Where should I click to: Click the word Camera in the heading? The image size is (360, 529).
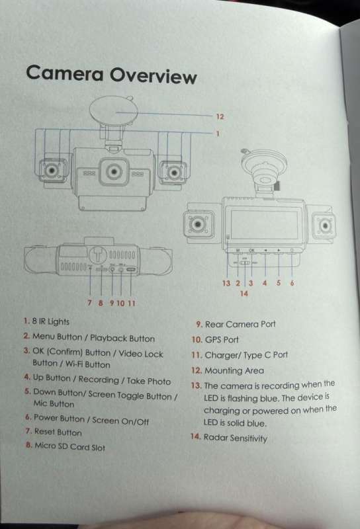point(64,73)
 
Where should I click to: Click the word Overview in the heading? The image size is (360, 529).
point(154,75)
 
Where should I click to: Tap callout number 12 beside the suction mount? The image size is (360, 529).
point(220,117)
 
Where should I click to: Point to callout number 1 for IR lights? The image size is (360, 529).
point(218,134)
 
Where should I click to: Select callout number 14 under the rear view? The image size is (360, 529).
point(244,294)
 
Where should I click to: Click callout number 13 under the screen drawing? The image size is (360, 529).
point(226,283)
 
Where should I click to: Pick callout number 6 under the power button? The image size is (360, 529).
point(292,283)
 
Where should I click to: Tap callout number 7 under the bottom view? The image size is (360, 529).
point(89,303)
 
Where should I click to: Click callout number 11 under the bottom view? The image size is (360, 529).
point(132,304)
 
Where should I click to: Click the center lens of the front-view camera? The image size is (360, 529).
point(114,172)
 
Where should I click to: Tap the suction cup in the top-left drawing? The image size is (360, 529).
point(113,110)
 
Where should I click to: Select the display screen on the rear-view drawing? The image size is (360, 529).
point(265,224)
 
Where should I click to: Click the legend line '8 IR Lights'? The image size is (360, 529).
point(46,321)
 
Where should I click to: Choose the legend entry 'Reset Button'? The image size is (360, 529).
point(54,432)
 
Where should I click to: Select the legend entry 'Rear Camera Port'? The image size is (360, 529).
point(236,324)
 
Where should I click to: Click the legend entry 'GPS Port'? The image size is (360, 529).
point(215,339)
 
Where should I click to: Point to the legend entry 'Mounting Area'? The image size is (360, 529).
point(228,370)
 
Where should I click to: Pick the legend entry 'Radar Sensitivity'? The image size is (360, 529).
point(228,438)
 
